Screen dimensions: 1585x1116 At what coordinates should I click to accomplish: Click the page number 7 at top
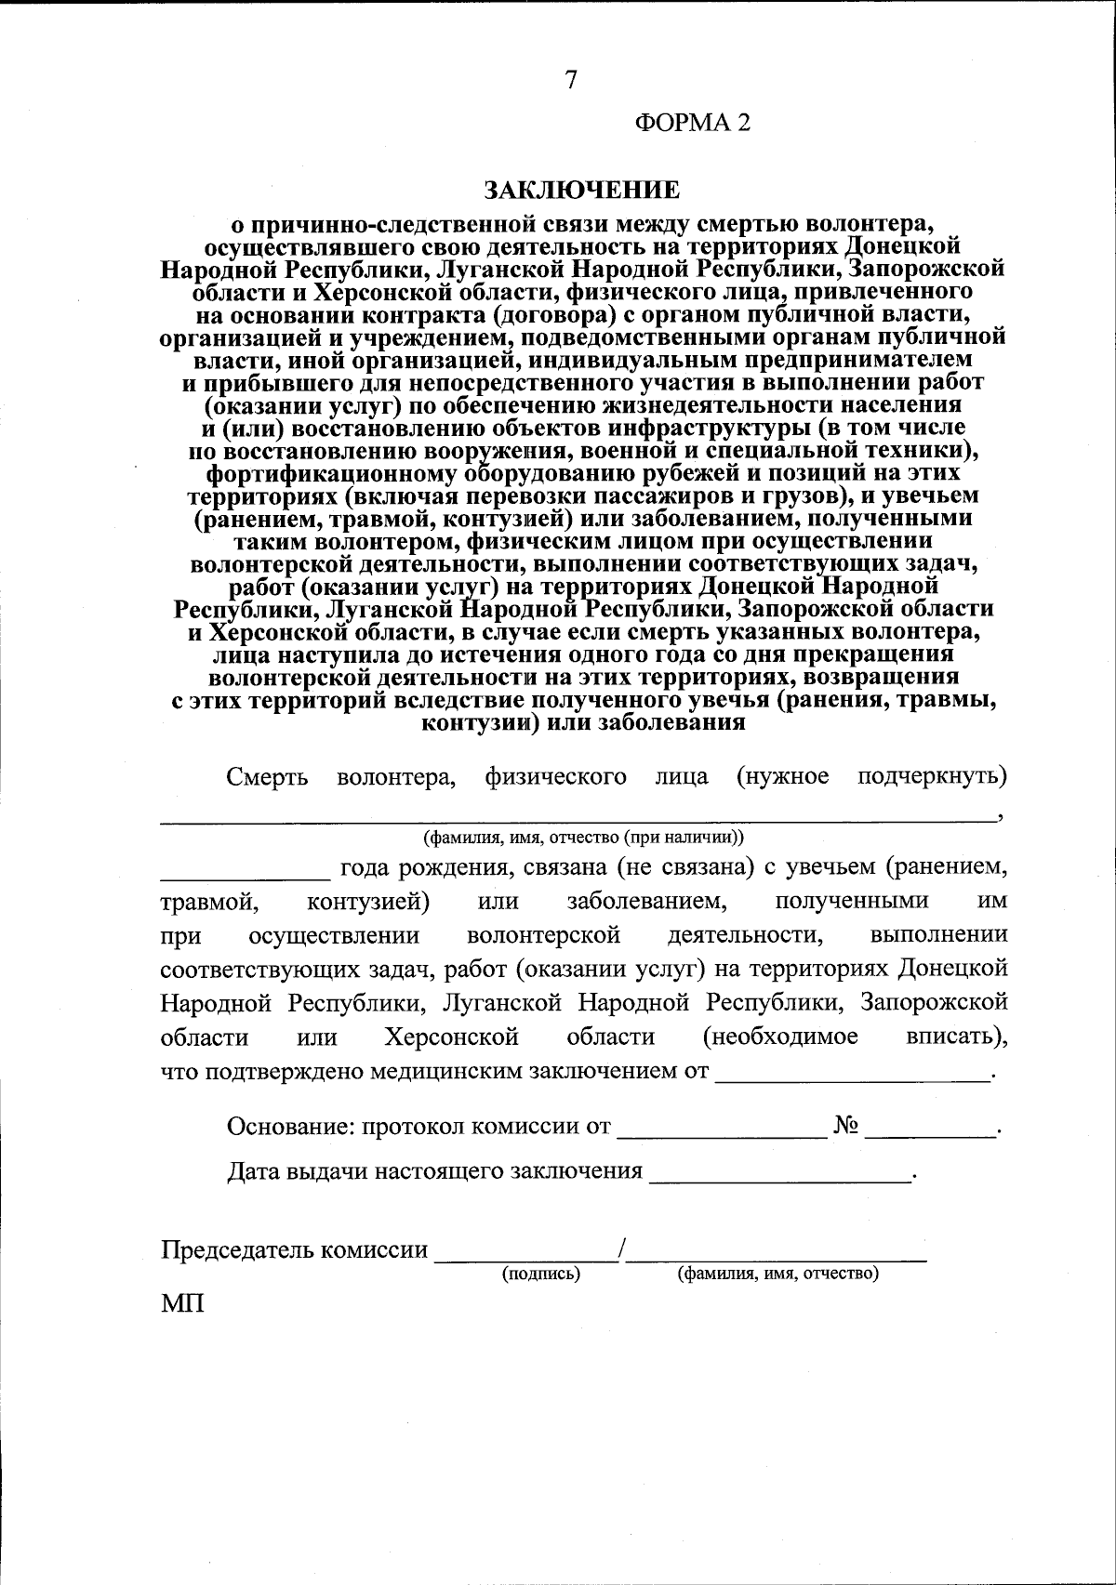pyautogui.click(x=571, y=81)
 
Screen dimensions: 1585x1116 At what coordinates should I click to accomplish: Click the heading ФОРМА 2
pyautogui.click(x=692, y=123)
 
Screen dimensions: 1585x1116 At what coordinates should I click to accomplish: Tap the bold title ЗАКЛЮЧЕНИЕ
pyautogui.click(x=581, y=191)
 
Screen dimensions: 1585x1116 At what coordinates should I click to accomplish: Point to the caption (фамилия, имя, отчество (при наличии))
pyautogui.click(x=583, y=836)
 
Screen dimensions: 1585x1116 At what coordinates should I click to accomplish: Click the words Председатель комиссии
pyautogui.click(x=295, y=1249)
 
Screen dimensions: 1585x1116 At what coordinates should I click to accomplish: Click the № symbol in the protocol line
pyautogui.click(x=845, y=1126)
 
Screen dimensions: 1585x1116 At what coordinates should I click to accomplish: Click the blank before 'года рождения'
pyautogui.click(x=245, y=874)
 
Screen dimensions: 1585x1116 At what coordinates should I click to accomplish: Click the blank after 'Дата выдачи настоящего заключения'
pyautogui.click(x=779, y=1177)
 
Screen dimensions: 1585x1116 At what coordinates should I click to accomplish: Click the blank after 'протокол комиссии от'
pyautogui.click(x=722, y=1132)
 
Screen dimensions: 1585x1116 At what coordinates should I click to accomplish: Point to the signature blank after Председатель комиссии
pyautogui.click(x=527, y=1256)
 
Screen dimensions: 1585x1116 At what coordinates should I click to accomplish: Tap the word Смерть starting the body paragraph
pyautogui.click(x=268, y=776)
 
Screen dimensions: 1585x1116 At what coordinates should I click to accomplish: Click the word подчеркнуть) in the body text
pyautogui.click(x=932, y=776)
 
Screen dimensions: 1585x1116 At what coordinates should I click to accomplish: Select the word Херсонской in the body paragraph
pyautogui.click(x=452, y=1037)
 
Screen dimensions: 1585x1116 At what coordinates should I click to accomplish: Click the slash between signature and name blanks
pyautogui.click(x=623, y=1249)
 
